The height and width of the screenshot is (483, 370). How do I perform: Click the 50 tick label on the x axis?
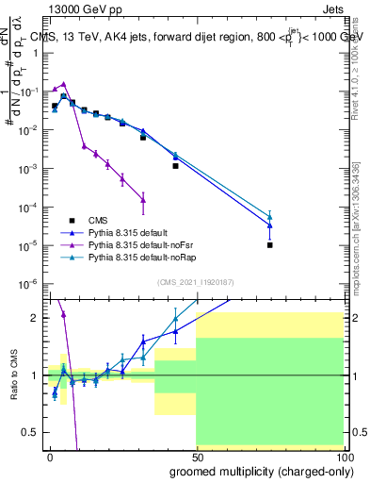coord(196,455)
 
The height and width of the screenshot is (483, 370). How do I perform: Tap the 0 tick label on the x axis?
coord(50,455)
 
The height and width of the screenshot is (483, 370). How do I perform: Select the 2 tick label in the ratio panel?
coord(36,318)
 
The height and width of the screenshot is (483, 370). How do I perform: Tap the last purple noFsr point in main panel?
coord(143,199)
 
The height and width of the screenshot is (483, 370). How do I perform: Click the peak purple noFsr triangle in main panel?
coord(63,84)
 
